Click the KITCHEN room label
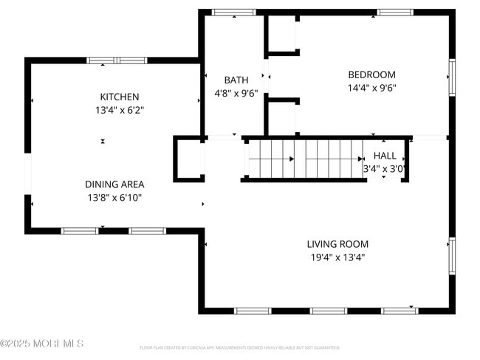119,97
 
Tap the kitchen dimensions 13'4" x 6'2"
119,110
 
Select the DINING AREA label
114,184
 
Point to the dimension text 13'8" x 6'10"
114,198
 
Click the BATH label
236,80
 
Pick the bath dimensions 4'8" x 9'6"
236,93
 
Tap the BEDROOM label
371,75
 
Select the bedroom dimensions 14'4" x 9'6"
371,87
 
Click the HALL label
385,156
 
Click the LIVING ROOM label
337,244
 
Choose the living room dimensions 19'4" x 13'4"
337,257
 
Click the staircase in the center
304,159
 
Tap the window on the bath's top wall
233,13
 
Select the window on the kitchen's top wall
117,60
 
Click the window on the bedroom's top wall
395,13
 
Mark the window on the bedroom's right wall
452,77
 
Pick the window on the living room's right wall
452,255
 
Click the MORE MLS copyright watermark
42,344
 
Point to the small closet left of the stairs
189,158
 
